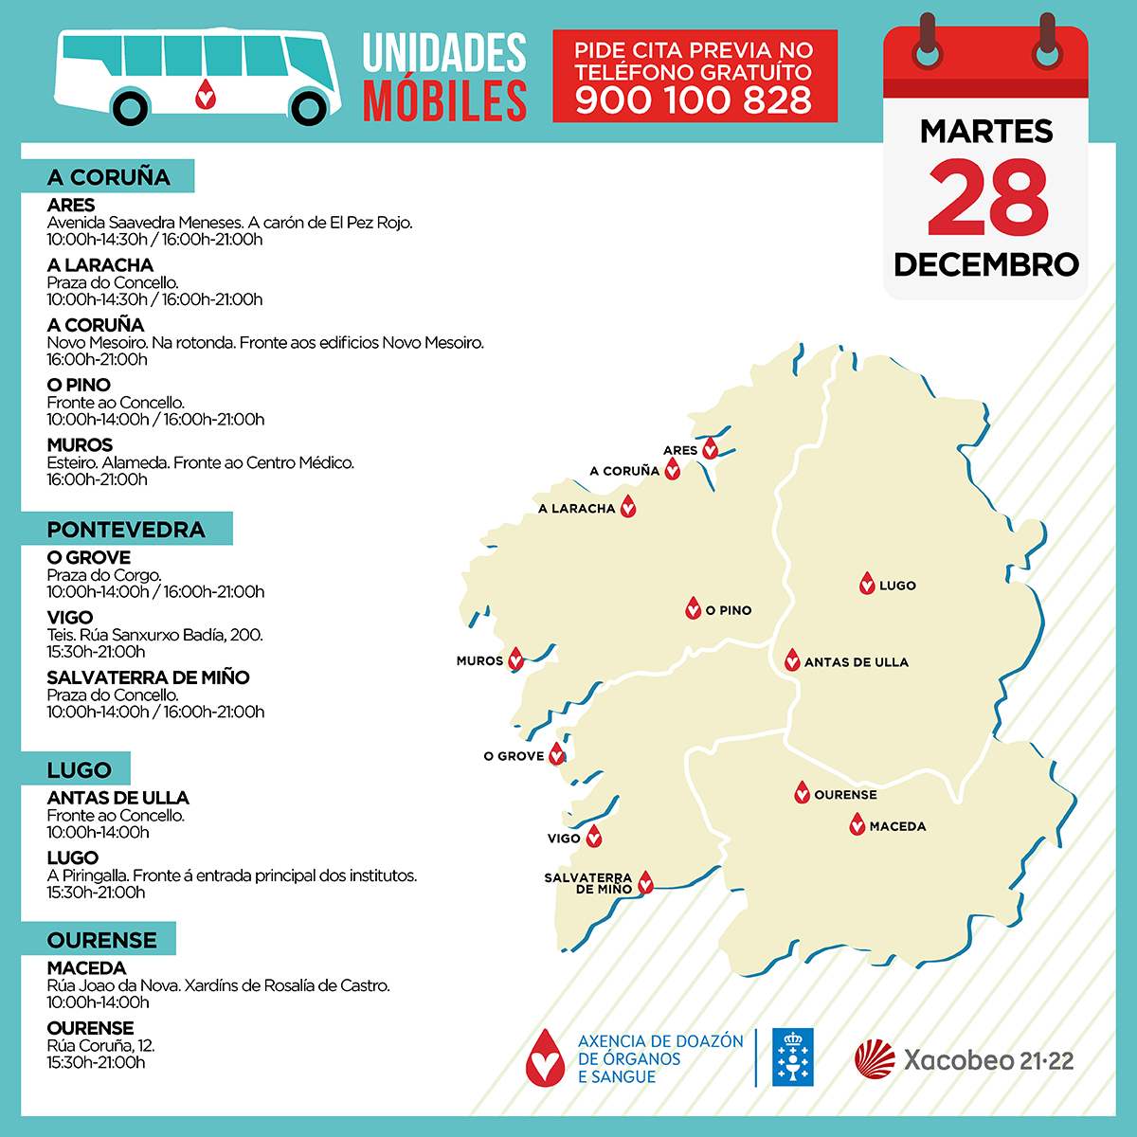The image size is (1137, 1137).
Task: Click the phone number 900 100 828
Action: pyautogui.click(x=694, y=100)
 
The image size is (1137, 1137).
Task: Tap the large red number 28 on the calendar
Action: pyautogui.click(x=987, y=197)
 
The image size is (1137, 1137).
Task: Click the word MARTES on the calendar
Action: pyautogui.click(x=986, y=132)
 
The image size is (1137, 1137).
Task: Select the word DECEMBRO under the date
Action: pyautogui.click(x=986, y=264)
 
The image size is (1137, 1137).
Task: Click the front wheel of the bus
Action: pyautogui.click(x=309, y=107)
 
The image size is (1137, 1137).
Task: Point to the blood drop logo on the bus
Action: pyautogui.click(x=205, y=94)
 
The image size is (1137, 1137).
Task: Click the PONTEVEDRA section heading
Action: pyautogui.click(x=126, y=530)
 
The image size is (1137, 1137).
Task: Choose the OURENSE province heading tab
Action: pyautogui.click(x=102, y=940)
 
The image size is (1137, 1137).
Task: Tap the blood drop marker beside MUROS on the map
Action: pyautogui.click(x=516, y=659)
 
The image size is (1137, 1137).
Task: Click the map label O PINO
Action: pyautogui.click(x=729, y=611)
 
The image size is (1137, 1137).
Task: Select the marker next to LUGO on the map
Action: pyautogui.click(x=866, y=584)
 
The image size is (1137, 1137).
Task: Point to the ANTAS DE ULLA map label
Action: pyautogui.click(x=857, y=662)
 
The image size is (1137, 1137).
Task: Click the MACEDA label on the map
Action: pyautogui.click(x=897, y=827)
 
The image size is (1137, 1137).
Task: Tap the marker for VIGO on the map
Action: pyautogui.click(x=594, y=837)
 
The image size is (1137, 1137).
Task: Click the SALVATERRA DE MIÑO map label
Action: pyautogui.click(x=589, y=884)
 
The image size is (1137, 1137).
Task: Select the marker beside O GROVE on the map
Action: pyautogui.click(x=557, y=754)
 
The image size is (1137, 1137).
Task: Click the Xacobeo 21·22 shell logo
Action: pyautogui.click(x=875, y=1059)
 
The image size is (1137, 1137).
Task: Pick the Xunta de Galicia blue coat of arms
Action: pyautogui.click(x=792, y=1057)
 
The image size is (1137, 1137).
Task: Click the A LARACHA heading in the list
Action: pyautogui.click(x=100, y=265)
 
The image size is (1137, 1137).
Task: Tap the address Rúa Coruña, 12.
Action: pyautogui.click(x=100, y=1045)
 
